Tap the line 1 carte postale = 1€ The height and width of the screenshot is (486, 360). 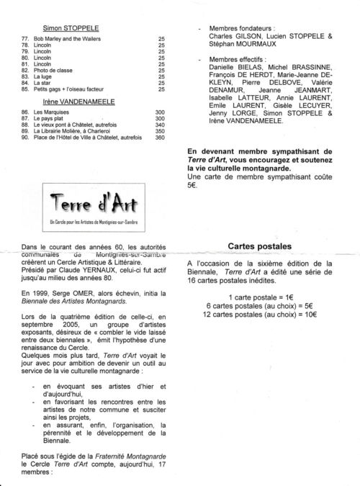[259, 297]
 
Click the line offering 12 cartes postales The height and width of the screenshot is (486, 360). [259, 315]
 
